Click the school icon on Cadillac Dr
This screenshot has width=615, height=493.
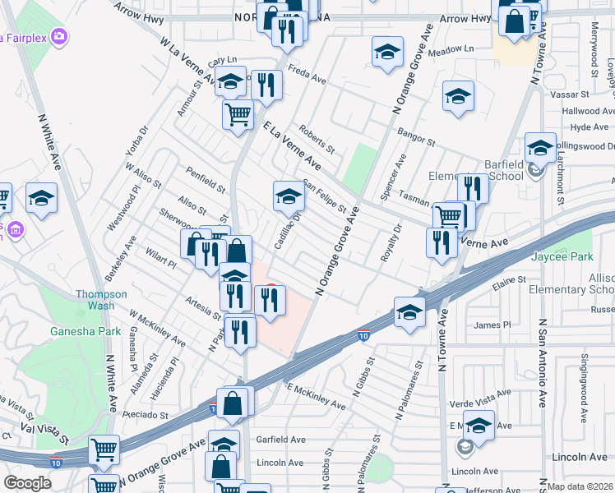[289, 197]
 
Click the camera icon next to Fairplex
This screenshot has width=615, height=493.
[58, 36]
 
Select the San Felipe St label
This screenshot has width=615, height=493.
[325, 196]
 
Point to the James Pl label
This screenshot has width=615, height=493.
[492, 325]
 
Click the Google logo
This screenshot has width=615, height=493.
[27, 483]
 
